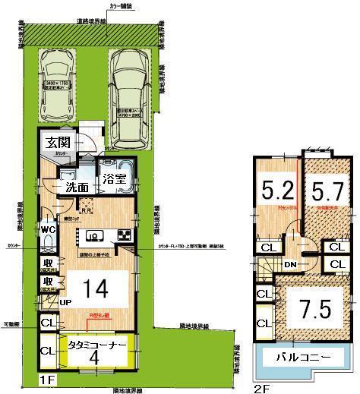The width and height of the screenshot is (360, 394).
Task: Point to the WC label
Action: coord(46,229)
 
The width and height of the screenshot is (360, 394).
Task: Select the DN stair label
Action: coord(290,263)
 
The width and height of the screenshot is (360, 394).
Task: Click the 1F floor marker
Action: coord(47,379)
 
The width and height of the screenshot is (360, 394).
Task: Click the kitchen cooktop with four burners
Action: coord(125,235)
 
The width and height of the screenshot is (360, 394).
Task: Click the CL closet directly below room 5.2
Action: coord(269,247)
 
